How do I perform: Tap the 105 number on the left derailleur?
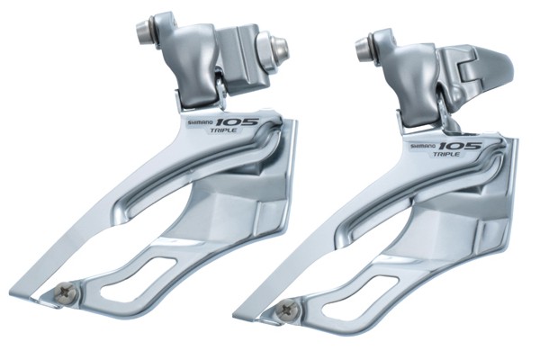(x=238, y=122)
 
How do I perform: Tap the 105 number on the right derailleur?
(x=460, y=146)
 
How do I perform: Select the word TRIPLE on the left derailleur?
(x=223, y=130)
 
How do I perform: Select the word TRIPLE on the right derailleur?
(x=446, y=154)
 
